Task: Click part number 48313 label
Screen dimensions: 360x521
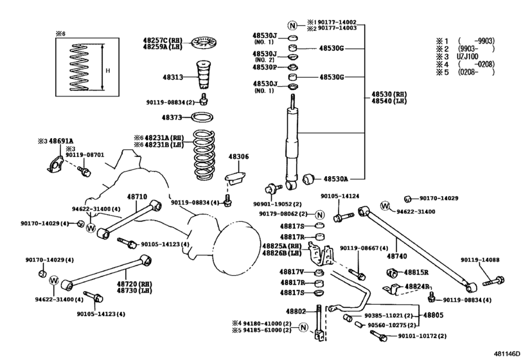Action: pos(172,77)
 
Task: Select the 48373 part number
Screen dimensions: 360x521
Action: pos(172,118)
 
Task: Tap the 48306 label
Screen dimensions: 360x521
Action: pos(238,156)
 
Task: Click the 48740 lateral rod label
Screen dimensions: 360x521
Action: pos(397,256)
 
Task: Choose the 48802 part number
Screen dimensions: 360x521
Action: pos(297,311)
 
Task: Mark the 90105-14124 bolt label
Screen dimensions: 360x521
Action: pos(340,196)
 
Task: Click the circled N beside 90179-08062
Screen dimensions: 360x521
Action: pos(319,214)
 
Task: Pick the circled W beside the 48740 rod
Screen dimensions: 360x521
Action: pos(385,206)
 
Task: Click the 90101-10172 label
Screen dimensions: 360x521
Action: pos(422,336)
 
